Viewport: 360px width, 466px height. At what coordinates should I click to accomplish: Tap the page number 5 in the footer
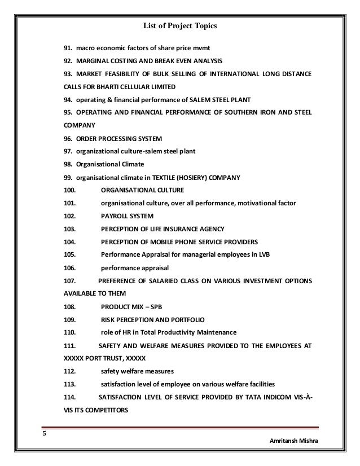(x=45, y=434)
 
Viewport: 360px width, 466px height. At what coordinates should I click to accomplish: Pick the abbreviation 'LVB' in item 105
(x=264, y=254)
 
